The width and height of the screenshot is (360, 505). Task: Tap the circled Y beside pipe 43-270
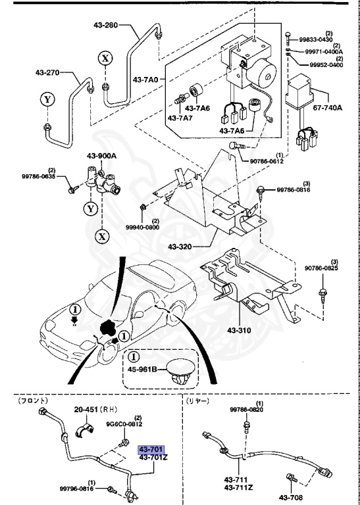[46, 100]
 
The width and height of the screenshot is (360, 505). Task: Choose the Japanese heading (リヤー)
[199, 400]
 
